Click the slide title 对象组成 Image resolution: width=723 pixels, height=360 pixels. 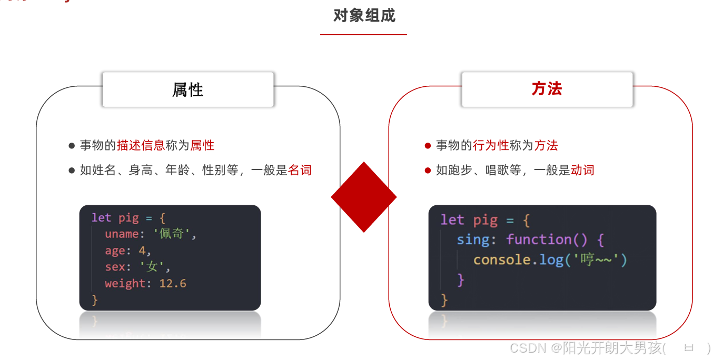click(364, 16)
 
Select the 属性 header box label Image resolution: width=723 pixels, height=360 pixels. click(188, 90)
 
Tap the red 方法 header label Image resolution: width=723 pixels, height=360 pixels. click(547, 89)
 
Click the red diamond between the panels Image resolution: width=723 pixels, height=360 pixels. click(363, 197)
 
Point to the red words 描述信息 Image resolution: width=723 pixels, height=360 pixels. click(141, 145)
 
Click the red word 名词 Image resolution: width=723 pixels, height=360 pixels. click(300, 170)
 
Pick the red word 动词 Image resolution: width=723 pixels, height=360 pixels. click(582, 170)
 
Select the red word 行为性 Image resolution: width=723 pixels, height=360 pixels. click(491, 145)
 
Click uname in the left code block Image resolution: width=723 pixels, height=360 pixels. click(121, 234)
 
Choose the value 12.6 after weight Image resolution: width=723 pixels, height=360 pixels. click(173, 283)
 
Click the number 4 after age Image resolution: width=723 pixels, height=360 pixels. click(142, 251)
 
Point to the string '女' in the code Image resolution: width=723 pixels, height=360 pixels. click(152, 267)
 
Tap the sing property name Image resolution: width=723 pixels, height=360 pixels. click(473, 239)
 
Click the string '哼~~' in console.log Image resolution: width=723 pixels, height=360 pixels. click(597, 259)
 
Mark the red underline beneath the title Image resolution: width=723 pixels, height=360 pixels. click(363, 35)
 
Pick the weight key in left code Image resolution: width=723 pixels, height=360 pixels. click(124, 283)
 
